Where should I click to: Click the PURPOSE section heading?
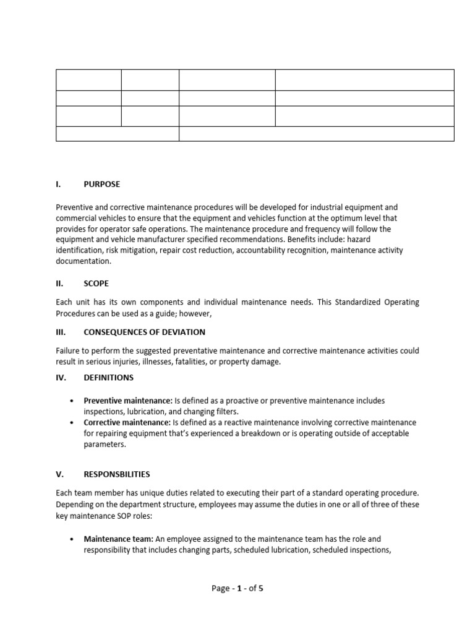(x=102, y=185)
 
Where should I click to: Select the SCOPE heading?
(x=96, y=284)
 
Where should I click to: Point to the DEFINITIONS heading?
(x=108, y=377)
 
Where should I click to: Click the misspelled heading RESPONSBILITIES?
(x=117, y=475)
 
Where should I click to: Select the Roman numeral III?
(x=61, y=332)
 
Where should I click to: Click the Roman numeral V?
(x=60, y=475)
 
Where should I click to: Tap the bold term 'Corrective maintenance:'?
(x=127, y=423)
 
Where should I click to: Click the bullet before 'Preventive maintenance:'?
(x=74, y=401)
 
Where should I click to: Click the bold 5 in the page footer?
(x=260, y=588)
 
